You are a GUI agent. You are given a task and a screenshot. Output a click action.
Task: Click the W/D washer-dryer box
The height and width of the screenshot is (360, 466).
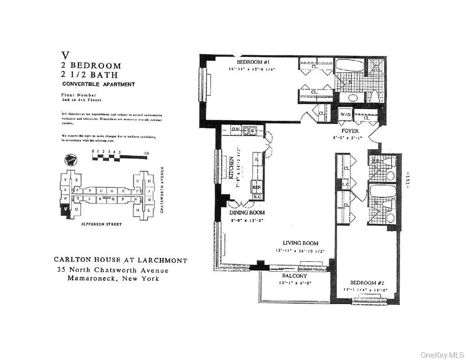point(344,115)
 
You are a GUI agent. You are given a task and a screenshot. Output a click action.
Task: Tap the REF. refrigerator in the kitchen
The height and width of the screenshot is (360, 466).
point(256,187)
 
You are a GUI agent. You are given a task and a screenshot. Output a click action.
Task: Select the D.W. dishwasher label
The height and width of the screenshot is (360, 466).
point(235,130)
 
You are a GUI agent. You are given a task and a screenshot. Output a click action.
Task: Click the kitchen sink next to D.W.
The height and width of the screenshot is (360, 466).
point(251,131)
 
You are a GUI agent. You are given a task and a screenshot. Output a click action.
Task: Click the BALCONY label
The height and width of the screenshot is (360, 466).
point(294,276)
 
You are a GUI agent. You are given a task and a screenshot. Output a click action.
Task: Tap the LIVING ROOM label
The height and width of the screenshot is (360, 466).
point(300,243)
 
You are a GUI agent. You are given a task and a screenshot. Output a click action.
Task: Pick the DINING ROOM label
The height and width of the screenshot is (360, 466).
point(248,213)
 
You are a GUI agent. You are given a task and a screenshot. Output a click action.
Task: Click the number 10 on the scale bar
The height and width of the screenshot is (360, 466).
point(146,154)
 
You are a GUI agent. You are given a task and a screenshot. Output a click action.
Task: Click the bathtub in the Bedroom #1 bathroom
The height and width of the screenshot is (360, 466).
point(349,66)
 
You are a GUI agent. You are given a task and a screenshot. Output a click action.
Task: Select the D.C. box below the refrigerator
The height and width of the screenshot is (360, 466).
point(256,197)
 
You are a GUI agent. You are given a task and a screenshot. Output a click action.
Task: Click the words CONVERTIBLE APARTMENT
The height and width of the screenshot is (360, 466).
point(98,84)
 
